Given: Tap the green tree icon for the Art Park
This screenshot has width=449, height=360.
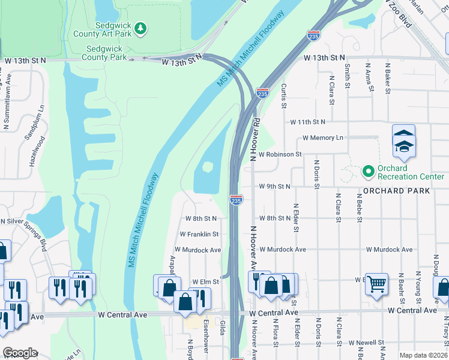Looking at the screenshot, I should [140, 28].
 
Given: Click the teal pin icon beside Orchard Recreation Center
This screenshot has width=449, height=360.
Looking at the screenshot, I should [368, 172].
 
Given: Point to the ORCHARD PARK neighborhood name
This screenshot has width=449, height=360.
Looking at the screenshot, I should [396, 191].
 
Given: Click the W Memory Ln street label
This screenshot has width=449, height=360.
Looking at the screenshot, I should [323, 138].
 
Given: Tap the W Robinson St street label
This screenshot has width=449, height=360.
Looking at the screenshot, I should [280, 154].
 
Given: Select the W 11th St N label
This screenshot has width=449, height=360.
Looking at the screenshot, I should [307, 122].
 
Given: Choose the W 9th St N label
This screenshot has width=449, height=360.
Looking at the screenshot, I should [274, 187].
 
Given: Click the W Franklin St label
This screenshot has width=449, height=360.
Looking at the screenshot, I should [199, 234].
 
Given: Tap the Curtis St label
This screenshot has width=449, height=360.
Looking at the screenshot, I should [284, 95].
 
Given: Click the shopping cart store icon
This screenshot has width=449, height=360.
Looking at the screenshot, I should [376, 284].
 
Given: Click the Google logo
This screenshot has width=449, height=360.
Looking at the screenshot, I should [20, 353].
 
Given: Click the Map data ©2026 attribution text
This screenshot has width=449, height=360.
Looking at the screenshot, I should [423, 355].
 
